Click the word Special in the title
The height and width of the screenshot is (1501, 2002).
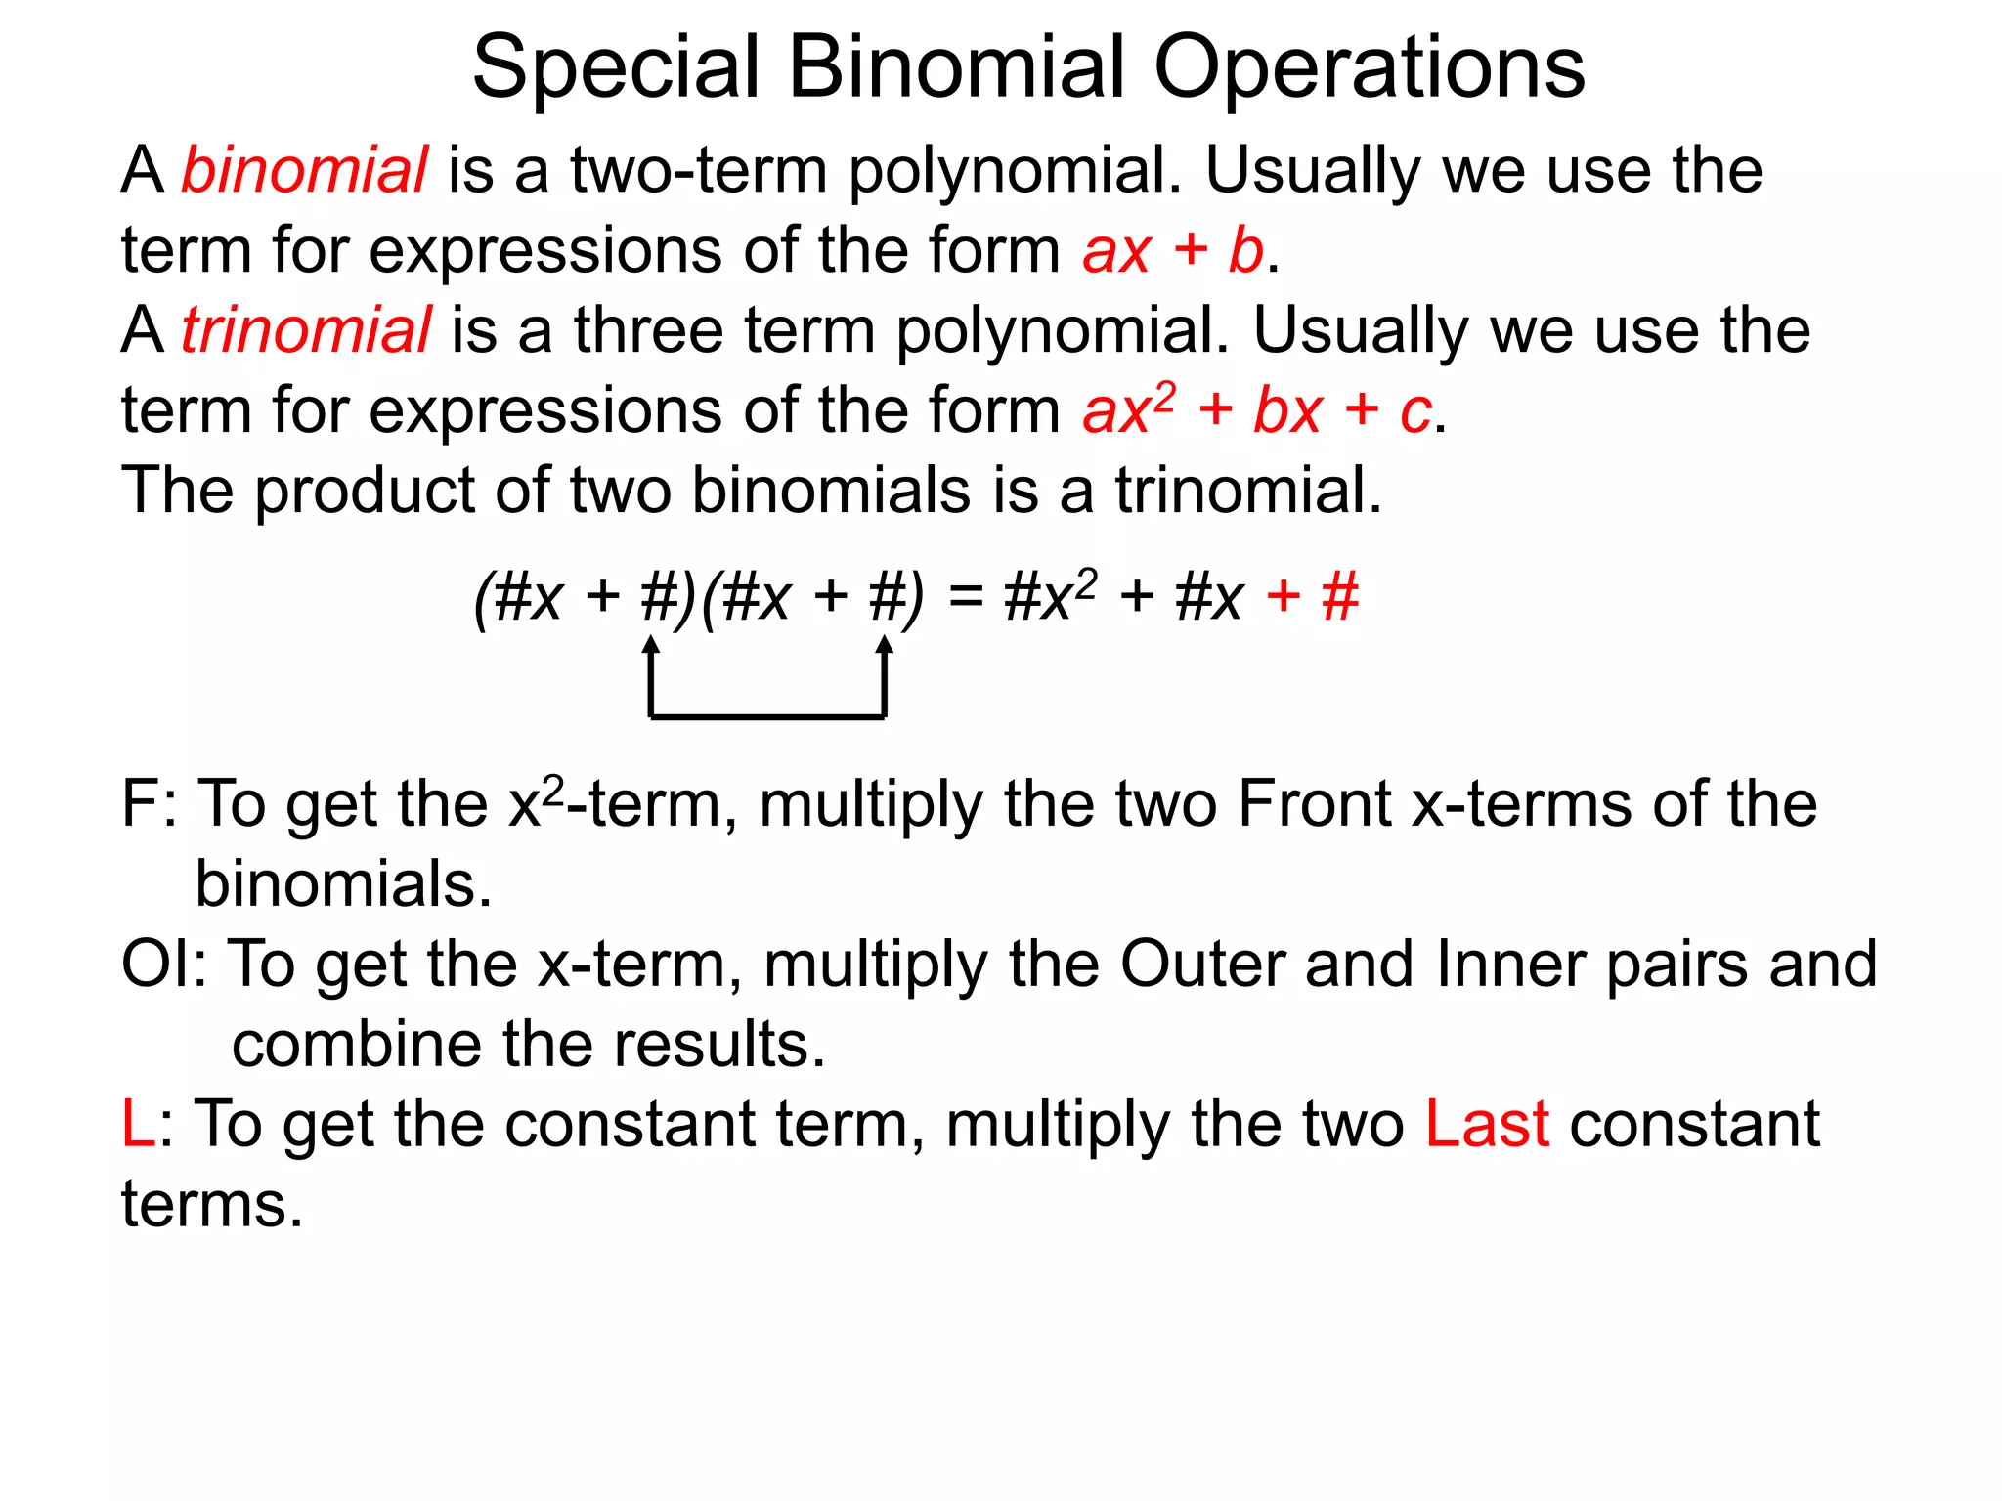click(x=616, y=68)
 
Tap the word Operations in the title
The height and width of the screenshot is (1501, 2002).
click(x=1369, y=68)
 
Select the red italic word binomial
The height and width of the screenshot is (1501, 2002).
click(x=304, y=170)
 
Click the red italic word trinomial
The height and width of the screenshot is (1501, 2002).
click(x=306, y=330)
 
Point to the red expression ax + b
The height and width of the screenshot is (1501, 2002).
click(x=1173, y=250)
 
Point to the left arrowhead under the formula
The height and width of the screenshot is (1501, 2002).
click(x=651, y=645)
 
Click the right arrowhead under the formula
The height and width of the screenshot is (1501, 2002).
click(x=884, y=645)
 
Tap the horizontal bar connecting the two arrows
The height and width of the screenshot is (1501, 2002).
click(x=767, y=717)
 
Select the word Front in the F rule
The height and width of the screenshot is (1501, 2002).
click(x=1314, y=805)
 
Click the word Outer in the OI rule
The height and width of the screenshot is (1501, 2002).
click(x=1201, y=965)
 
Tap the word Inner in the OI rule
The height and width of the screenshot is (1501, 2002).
click(x=1511, y=965)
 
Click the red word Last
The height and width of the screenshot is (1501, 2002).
click(x=1487, y=1125)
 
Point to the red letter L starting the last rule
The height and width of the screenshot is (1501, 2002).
click(x=137, y=1125)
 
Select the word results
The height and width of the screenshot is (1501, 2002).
click(x=719, y=1045)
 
